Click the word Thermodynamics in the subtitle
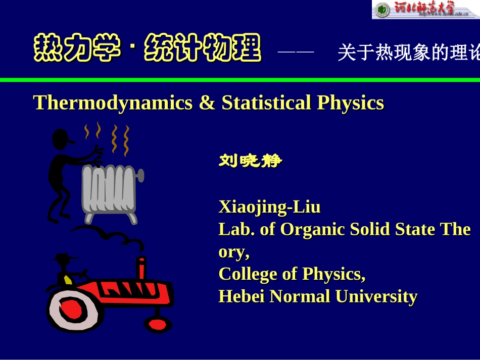pos(113,103)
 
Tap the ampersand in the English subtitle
pos(207,103)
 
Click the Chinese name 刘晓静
pos(250,162)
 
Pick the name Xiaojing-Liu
pos(269,207)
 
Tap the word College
pos(248,274)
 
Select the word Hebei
pos(242,296)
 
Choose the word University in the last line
pos(376,296)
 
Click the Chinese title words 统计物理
pos(203,49)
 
